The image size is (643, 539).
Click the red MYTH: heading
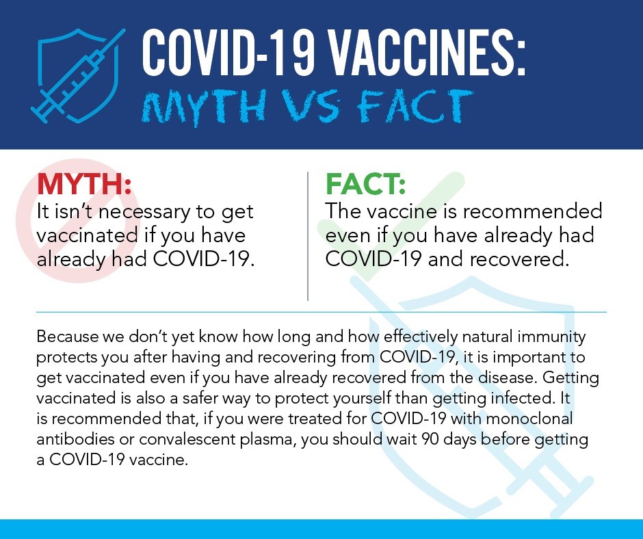click(x=84, y=184)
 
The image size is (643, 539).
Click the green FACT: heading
click(x=365, y=184)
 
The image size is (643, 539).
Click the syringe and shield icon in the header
click(x=78, y=76)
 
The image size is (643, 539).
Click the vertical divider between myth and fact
click(x=308, y=236)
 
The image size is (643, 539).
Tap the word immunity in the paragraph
click(x=551, y=337)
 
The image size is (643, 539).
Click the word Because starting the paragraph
click(x=68, y=337)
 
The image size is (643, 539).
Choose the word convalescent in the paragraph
click(x=187, y=439)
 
